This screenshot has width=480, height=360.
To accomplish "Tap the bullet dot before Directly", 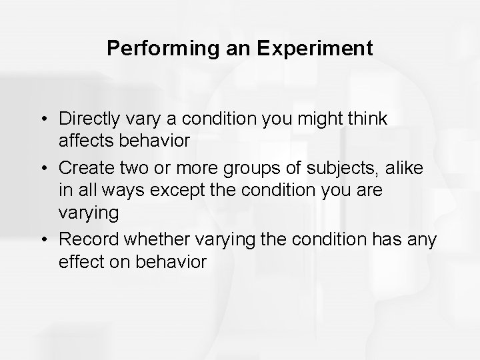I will pos(44,119).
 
